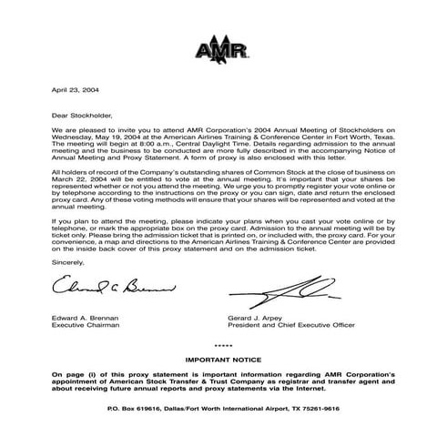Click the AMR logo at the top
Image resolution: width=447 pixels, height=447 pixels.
pos(223,48)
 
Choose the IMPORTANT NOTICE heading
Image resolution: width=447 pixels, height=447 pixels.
pos(223,361)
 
